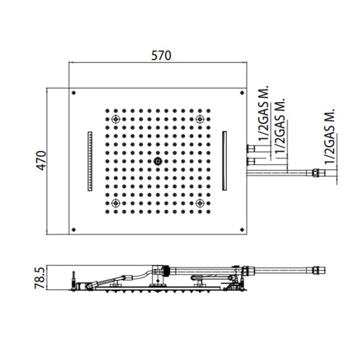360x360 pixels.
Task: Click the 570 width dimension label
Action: click(x=161, y=55)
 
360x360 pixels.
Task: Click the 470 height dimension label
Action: click(x=41, y=161)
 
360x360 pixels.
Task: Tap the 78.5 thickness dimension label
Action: click(x=39, y=277)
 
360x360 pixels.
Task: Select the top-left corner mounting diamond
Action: click(x=74, y=93)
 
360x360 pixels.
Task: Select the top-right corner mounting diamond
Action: click(x=242, y=93)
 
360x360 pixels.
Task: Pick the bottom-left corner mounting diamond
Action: click(x=74, y=230)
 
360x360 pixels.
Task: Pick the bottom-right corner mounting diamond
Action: click(x=242, y=230)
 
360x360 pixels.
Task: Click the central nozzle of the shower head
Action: click(x=158, y=161)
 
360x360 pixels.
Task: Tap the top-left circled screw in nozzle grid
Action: click(x=115, y=119)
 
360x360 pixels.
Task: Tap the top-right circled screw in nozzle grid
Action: click(x=200, y=119)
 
